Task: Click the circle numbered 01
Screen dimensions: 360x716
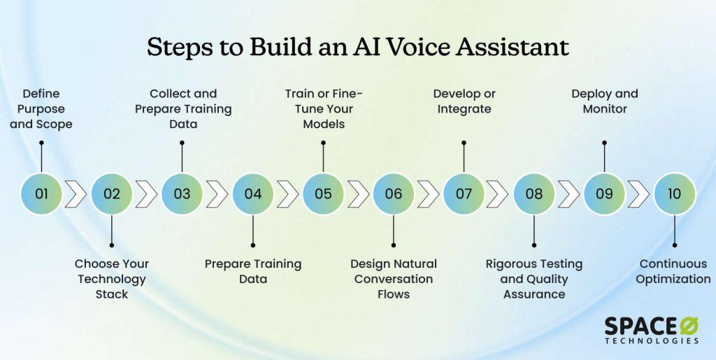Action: coord(41,194)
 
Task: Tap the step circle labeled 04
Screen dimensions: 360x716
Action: coord(252,194)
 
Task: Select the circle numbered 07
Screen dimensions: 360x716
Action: coord(464,194)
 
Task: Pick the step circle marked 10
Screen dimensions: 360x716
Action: coord(674,194)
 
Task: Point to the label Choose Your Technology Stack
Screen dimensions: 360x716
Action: coord(112,279)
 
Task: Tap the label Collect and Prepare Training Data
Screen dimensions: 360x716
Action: coord(183,109)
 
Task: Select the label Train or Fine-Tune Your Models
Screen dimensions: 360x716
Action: coord(323,109)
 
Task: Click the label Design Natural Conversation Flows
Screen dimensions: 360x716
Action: coord(394,279)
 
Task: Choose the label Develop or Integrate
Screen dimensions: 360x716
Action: coord(462,101)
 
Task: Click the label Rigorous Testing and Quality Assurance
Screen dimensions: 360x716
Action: coord(534,279)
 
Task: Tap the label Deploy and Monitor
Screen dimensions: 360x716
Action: coord(605,101)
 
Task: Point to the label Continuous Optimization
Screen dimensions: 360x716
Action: coord(675,271)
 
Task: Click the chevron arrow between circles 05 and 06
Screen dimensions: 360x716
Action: coord(358,194)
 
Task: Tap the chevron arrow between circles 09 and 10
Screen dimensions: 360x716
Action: coord(639,194)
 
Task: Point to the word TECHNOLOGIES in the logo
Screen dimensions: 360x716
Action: coord(651,341)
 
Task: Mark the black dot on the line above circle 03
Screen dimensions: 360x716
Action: coord(182,143)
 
